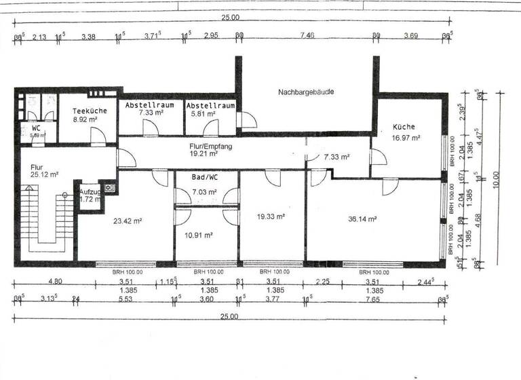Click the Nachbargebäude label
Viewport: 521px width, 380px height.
306,92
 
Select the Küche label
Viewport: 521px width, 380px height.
403,127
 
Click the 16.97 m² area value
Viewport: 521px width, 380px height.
406,138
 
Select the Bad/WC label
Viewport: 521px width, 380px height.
204,177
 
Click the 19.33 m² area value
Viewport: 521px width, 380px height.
271,217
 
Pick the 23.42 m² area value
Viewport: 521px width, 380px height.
128,221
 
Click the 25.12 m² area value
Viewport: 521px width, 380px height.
44,174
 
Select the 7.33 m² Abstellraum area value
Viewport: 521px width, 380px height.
151,113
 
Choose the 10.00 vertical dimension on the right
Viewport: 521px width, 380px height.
496,180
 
